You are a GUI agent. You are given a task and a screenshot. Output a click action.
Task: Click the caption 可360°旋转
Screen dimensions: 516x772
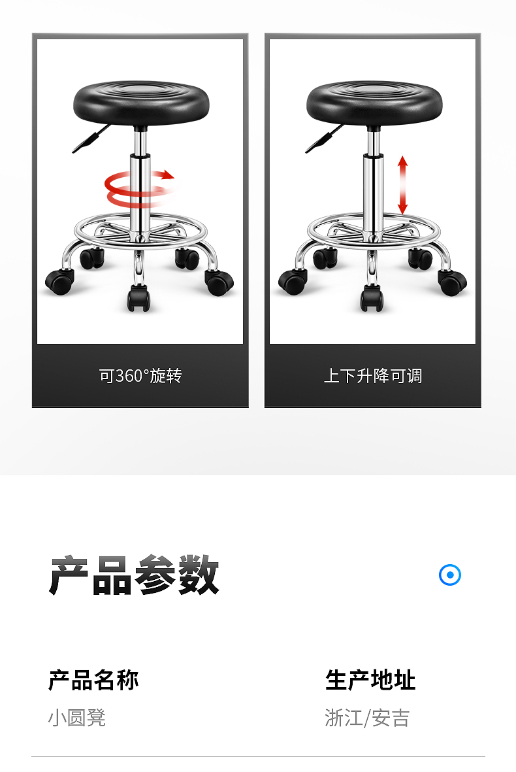140,376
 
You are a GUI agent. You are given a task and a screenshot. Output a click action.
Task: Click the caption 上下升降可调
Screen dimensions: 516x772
373,376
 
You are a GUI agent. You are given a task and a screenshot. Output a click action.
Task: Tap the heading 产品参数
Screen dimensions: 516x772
134,575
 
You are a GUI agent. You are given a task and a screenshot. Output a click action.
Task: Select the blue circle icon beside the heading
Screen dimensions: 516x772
449,575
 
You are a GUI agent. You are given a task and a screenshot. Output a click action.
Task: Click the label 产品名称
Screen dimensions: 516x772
93,680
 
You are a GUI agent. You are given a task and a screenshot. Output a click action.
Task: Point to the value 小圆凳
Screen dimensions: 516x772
76,718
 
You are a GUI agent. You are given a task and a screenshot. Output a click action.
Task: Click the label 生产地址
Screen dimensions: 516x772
370,680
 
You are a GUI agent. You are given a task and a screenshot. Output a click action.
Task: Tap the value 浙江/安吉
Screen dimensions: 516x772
367,718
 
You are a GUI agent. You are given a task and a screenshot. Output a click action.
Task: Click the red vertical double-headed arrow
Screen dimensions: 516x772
403,185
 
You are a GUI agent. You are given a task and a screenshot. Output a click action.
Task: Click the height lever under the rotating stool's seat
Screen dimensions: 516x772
90,139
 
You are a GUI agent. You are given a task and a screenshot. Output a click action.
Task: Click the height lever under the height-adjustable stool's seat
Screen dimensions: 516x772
323,139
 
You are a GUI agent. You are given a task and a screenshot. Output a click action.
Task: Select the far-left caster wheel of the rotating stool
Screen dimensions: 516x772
59,282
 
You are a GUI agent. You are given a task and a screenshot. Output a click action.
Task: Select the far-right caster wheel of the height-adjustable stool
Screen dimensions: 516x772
452,282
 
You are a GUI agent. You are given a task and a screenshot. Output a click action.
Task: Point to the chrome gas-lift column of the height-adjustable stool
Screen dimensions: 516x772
374,184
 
